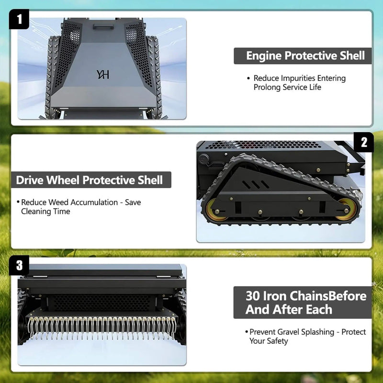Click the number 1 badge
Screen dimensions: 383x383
coord(19,19)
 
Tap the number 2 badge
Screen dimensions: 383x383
coord(364,142)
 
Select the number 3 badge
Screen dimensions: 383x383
coord(19,265)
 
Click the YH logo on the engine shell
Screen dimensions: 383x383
coord(103,74)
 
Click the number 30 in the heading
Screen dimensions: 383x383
coord(254,296)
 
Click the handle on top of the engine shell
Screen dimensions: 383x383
coord(102,26)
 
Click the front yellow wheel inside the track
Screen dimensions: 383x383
coord(346,210)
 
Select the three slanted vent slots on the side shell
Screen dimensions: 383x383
coord(256,184)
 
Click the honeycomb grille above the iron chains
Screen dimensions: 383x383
coord(101,303)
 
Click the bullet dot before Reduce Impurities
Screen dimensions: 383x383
coord(248,79)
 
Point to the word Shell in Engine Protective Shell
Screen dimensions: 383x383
coord(352,56)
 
